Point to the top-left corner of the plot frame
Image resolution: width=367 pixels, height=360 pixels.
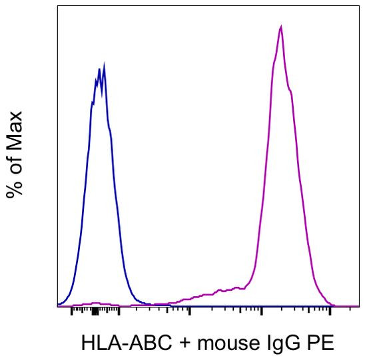(57, 6)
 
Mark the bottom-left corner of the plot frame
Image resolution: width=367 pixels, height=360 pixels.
(57, 307)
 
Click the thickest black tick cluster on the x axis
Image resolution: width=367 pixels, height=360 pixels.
(95, 311)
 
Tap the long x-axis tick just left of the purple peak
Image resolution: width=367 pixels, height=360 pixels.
(262, 311)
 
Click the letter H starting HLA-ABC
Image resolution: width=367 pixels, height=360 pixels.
(87, 344)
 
